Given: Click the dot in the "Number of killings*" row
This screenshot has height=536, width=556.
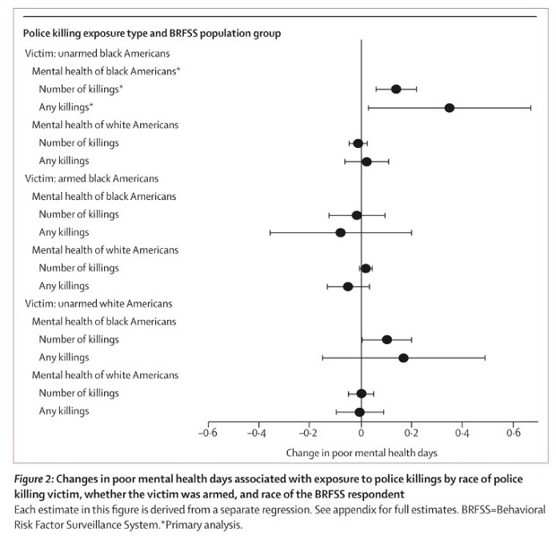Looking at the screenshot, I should (x=395, y=89).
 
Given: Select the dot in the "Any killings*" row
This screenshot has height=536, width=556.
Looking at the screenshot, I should (x=449, y=108).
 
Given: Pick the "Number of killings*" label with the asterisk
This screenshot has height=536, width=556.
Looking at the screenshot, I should (x=82, y=89).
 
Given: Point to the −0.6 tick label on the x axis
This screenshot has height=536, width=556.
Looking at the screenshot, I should (x=208, y=434).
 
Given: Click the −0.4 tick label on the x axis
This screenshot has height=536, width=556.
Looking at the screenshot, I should (x=258, y=434).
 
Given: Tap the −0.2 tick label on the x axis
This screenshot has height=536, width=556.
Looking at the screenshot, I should (x=309, y=434).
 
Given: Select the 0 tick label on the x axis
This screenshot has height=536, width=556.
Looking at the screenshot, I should (x=361, y=434).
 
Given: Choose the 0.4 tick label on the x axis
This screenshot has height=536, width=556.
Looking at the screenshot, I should (x=462, y=434).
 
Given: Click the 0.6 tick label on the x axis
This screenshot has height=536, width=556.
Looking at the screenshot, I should (x=513, y=434).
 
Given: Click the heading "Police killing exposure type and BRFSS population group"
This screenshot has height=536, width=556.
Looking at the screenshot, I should (x=152, y=33).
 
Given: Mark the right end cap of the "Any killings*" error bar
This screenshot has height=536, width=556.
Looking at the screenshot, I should (x=530, y=108).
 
